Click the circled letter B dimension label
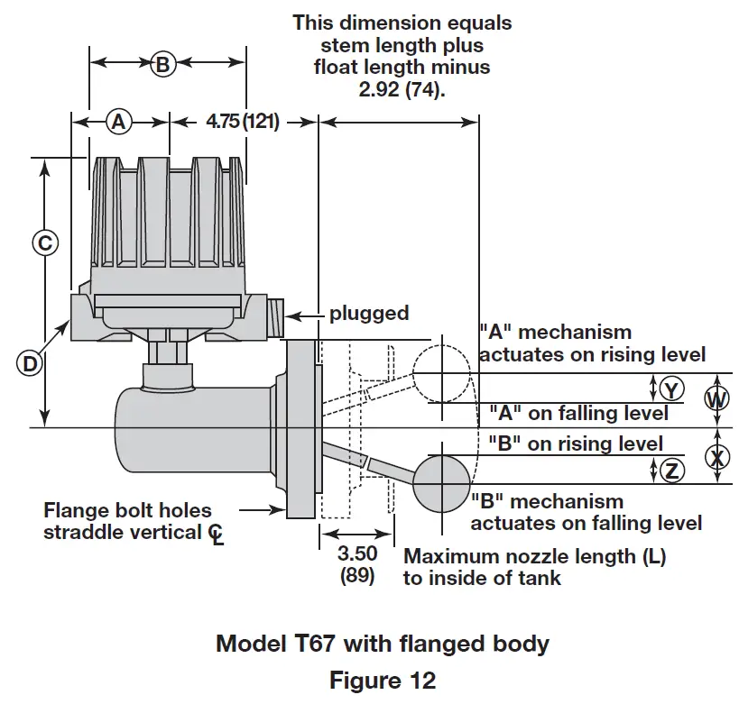point(162,63)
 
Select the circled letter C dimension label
point(44,242)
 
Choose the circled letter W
point(716,397)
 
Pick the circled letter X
point(716,457)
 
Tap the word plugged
point(368,314)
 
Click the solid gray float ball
point(441,484)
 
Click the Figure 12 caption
point(382,679)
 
